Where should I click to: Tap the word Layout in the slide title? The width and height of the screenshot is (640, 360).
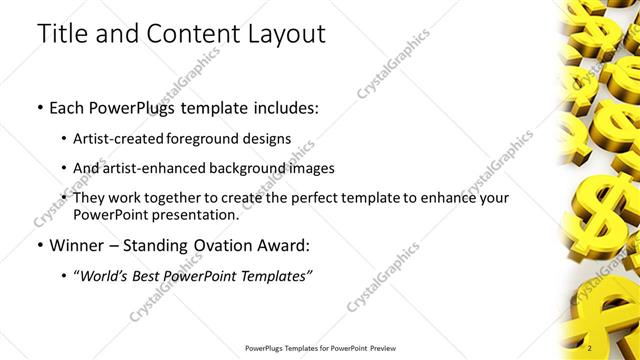[283, 34]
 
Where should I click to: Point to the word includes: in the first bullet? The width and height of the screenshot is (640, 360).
[285, 107]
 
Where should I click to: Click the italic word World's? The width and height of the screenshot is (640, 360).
[106, 275]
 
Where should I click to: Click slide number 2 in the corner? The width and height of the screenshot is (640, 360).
[589, 347]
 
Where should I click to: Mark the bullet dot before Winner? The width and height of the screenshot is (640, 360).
[39, 246]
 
